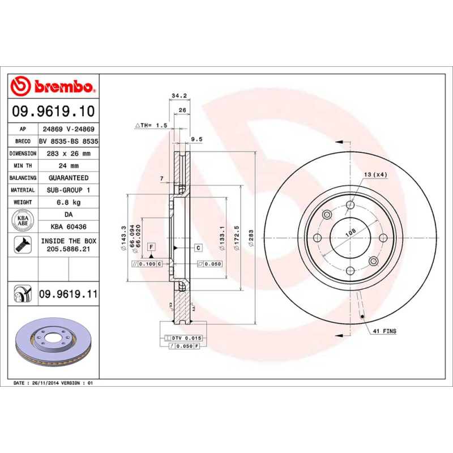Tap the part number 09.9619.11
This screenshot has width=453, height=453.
(x=69, y=294)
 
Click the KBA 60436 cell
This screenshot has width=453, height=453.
(x=69, y=226)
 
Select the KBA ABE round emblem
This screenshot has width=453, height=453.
(x=23, y=220)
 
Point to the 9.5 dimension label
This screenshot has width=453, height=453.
(x=197, y=139)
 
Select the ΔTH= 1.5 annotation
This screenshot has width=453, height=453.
(x=151, y=125)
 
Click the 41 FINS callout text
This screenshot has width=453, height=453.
(x=384, y=330)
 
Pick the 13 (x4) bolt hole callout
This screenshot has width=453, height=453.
(x=375, y=174)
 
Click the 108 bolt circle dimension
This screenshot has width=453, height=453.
(x=350, y=232)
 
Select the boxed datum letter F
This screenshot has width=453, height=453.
(x=152, y=247)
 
